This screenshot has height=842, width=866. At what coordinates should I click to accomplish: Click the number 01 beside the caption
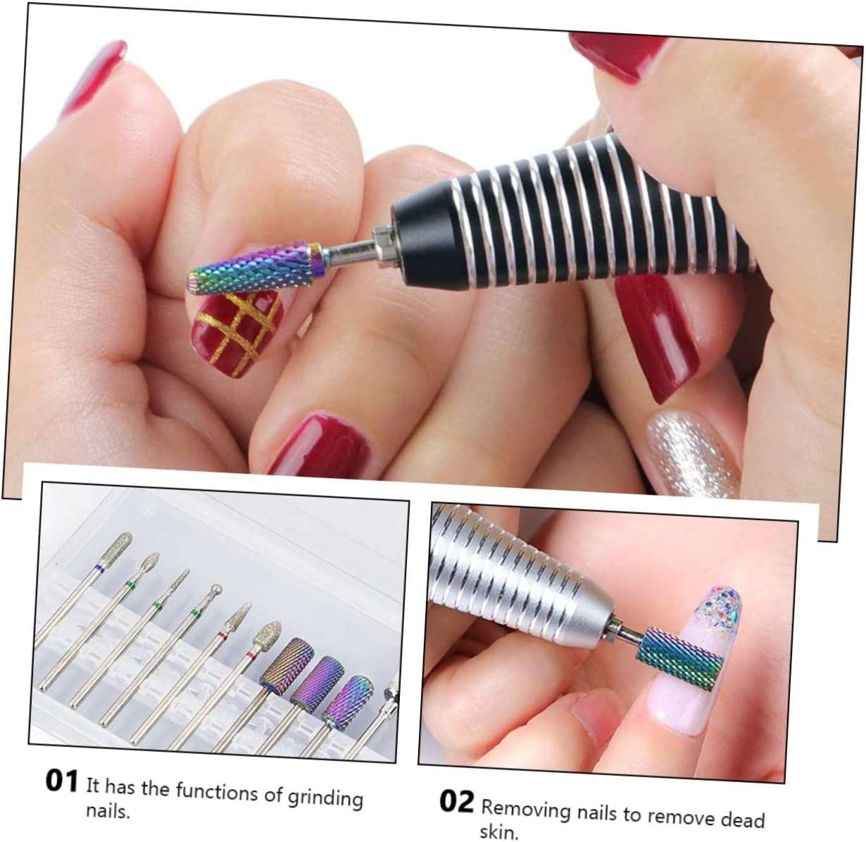62,781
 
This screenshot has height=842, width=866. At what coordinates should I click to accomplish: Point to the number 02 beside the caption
456,801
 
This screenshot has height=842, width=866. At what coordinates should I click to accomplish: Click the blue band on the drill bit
99,567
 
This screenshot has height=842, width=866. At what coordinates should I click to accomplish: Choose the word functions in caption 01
216,791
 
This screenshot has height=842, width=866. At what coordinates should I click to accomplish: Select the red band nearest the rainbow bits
250,657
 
